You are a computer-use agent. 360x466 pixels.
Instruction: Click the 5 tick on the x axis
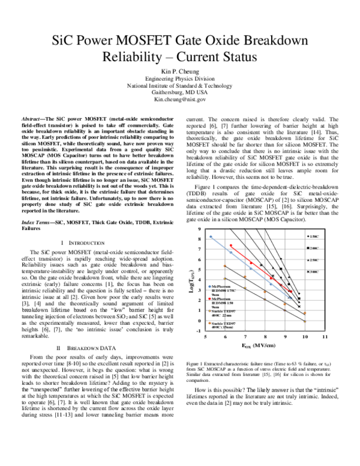206,337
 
